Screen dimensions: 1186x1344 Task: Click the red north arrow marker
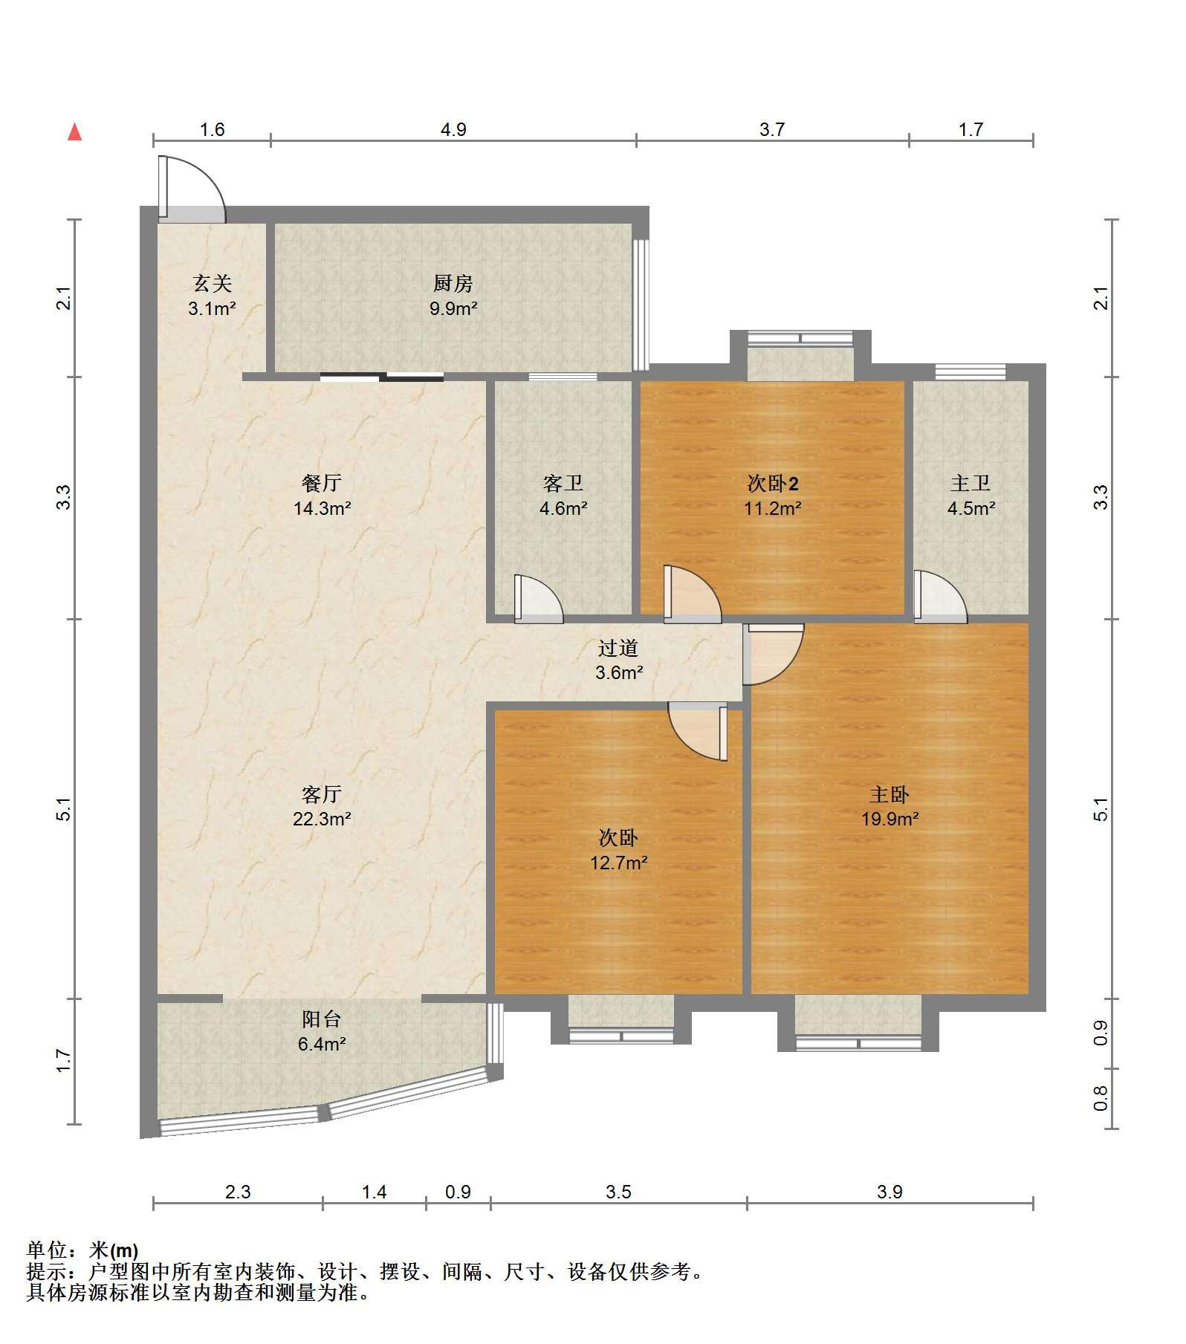click(74, 132)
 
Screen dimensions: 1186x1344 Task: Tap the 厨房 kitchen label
click(453, 283)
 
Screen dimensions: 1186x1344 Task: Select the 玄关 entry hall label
click(213, 283)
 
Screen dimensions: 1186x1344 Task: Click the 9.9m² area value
click(453, 308)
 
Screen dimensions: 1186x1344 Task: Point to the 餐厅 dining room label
click(322, 483)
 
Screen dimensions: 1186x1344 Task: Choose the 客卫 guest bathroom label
click(563, 483)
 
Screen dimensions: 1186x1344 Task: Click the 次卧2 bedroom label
click(773, 484)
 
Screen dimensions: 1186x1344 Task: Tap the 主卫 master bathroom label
click(970, 483)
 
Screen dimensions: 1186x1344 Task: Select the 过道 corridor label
click(618, 648)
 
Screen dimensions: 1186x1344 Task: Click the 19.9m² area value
click(889, 819)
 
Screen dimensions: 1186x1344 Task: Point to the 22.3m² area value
click(322, 819)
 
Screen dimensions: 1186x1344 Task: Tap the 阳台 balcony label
click(322, 1019)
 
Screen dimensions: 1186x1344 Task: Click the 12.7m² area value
click(618, 863)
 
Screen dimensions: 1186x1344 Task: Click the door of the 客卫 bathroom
click(538, 599)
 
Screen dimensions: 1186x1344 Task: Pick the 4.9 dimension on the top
click(453, 130)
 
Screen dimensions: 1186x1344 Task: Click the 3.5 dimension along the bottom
click(618, 1192)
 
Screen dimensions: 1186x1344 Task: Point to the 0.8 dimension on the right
click(1101, 1099)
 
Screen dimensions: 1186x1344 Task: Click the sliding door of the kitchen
click(382, 377)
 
